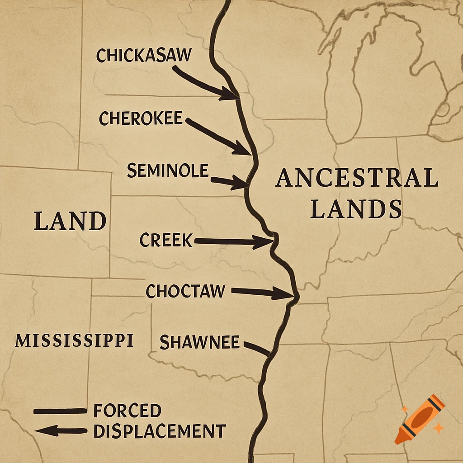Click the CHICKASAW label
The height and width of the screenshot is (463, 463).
click(x=144, y=56)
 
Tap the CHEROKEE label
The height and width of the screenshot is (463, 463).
click(x=141, y=119)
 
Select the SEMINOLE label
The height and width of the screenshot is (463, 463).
click(x=168, y=171)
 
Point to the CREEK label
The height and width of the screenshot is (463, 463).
click(x=166, y=240)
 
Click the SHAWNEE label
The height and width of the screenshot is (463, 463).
click(x=199, y=342)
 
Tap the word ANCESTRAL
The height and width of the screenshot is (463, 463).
click(x=357, y=178)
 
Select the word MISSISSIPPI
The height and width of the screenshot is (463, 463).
click(x=74, y=340)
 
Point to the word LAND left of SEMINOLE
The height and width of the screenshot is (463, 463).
click(x=70, y=222)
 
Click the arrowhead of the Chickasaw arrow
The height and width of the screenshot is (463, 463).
click(x=230, y=94)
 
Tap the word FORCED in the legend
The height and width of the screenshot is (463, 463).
click(x=128, y=411)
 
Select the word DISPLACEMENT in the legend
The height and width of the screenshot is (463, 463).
click(x=159, y=431)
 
